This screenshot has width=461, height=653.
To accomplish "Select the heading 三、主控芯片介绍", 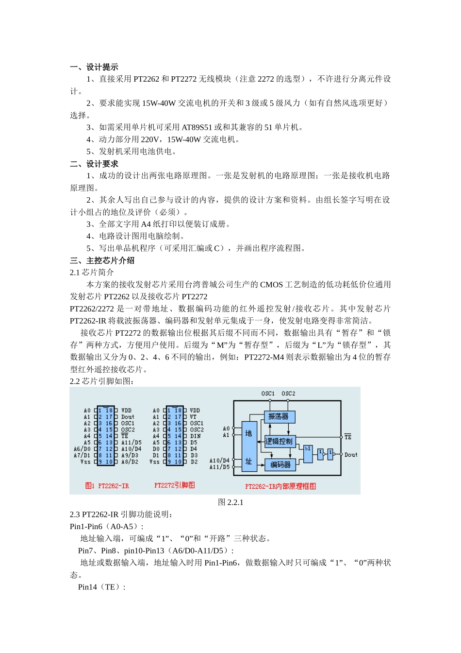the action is click(x=102, y=260).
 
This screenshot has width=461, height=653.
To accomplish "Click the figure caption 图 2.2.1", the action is click(x=230, y=502).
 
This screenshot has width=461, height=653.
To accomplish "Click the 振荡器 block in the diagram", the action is click(x=279, y=416).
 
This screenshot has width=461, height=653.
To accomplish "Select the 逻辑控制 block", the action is click(x=280, y=441).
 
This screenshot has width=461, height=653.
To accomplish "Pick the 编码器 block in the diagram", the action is click(x=280, y=464).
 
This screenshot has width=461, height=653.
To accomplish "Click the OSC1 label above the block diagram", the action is click(x=268, y=394).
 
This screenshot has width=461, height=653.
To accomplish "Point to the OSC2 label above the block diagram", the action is click(x=288, y=394).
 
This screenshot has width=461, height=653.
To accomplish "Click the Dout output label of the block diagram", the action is click(x=351, y=455).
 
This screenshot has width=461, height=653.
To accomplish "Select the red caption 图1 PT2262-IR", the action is click(x=107, y=485).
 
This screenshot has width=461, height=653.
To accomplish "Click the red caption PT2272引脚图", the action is click(x=174, y=485).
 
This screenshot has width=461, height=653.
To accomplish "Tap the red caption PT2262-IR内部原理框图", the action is click(x=280, y=486).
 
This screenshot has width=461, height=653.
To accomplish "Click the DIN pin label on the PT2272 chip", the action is click(x=196, y=436).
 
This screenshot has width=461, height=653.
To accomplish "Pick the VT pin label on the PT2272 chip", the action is click(x=193, y=417).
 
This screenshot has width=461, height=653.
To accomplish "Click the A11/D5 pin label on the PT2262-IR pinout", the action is click(x=131, y=443).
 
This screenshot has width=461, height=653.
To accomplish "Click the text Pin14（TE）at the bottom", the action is click(x=101, y=587).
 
